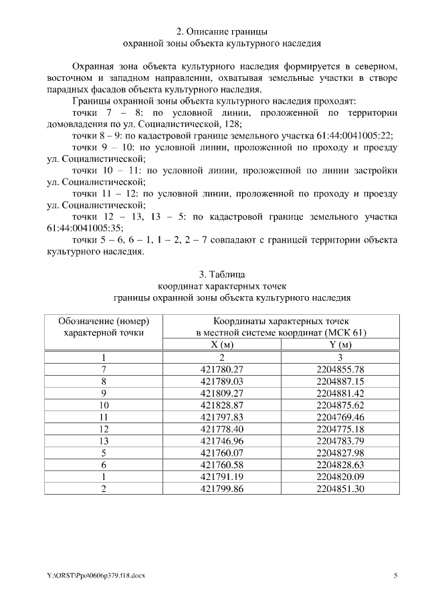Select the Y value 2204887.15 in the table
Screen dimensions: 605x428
pyautogui.click(x=340, y=381)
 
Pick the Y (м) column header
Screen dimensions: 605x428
pyautogui.click(x=340, y=344)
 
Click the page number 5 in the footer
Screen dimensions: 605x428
pyautogui.click(x=395, y=575)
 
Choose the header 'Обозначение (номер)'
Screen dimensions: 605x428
pyautogui.click(x=104, y=320)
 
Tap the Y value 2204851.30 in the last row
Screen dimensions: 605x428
pyautogui.click(x=340, y=489)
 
